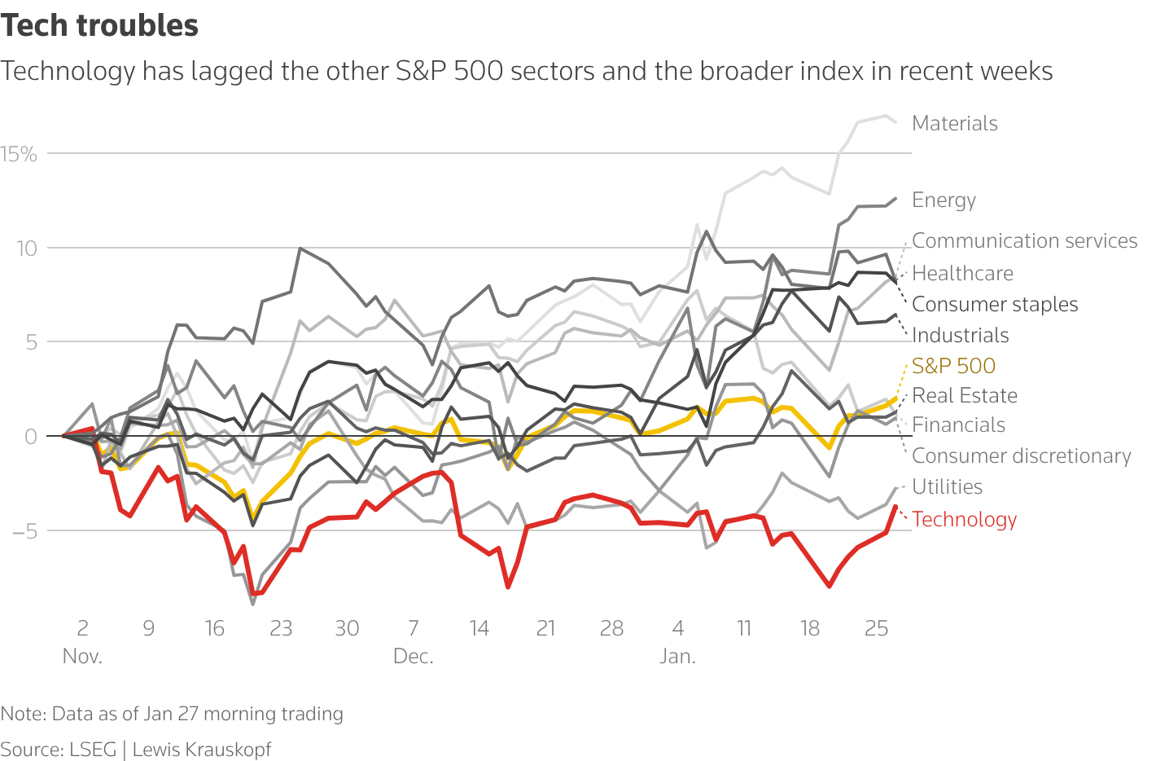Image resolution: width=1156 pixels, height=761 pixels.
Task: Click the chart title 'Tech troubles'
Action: click(x=99, y=26)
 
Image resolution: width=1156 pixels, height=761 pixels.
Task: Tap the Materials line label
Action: click(x=954, y=123)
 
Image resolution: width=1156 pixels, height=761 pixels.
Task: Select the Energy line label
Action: click(x=944, y=200)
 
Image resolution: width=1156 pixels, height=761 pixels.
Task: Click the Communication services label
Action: click(x=1024, y=240)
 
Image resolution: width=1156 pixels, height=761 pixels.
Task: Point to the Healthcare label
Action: click(x=962, y=273)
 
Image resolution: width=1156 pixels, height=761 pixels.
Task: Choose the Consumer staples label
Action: click(x=994, y=304)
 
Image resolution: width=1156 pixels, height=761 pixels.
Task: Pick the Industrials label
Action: click(x=960, y=335)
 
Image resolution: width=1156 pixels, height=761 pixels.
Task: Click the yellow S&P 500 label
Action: click(x=953, y=366)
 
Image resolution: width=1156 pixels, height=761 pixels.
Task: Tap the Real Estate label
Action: click(x=964, y=395)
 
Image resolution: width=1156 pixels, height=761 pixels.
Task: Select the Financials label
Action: click(x=958, y=424)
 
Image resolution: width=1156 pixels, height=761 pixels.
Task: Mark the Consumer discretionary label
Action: click(x=1021, y=455)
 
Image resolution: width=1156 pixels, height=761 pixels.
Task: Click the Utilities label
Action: click(x=947, y=486)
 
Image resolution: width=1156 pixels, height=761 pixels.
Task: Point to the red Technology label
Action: click(x=964, y=519)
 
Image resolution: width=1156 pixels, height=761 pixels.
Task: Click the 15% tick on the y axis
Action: click(x=19, y=154)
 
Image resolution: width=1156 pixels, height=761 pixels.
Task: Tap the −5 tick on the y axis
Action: click(x=24, y=531)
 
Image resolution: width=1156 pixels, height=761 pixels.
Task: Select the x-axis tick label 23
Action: click(x=281, y=628)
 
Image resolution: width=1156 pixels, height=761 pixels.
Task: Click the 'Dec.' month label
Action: click(x=413, y=657)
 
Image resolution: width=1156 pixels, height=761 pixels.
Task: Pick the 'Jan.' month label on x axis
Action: click(x=677, y=657)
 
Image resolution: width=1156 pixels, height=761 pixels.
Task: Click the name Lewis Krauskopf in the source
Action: click(x=201, y=750)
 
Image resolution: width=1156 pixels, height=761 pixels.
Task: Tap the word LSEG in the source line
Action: click(x=92, y=750)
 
